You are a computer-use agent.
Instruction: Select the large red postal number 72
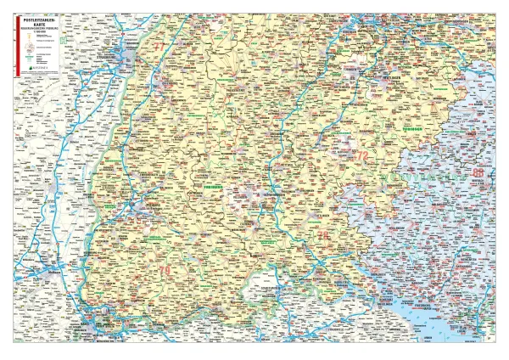tap(362, 155)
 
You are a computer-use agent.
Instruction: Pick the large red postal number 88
tap(479, 173)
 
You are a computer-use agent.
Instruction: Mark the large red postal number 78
tap(322, 233)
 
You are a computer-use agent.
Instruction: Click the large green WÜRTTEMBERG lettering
tap(416, 178)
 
